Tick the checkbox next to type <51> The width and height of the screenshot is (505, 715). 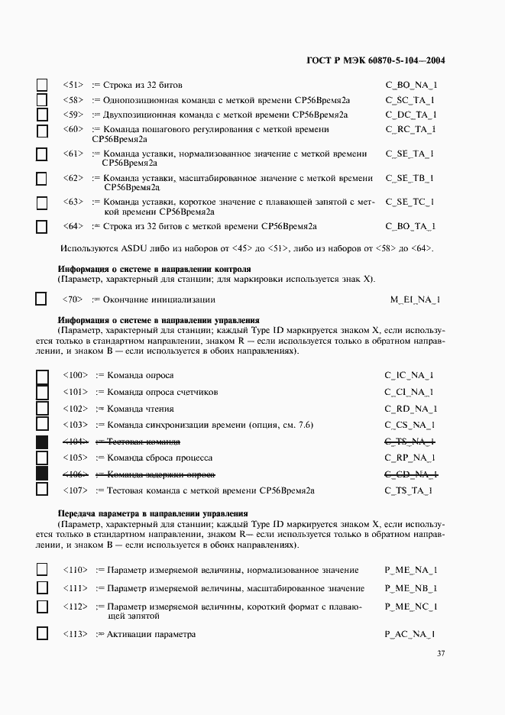[42, 85]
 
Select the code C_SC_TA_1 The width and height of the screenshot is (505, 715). [410, 100]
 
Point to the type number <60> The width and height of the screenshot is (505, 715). [73, 129]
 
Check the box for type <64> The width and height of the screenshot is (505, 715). [42, 226]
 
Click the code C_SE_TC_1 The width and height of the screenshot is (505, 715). [410, 202]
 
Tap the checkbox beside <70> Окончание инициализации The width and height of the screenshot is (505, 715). [42, 299]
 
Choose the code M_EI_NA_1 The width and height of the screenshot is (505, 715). [415, 300]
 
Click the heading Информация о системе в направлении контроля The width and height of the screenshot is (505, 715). [154, 269]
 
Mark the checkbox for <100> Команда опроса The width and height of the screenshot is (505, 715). [42, 376]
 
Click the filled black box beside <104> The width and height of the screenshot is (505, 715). [42, 442]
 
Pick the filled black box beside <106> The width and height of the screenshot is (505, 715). [42, 474]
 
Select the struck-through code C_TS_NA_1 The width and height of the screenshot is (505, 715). [410, 442]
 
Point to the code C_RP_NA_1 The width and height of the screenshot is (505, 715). [410, 458]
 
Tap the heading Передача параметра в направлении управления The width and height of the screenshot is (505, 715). [157, 513]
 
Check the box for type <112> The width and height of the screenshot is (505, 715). [42, 607]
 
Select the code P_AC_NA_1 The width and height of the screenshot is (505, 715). [410, 635]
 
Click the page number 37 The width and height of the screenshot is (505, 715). [441, 654]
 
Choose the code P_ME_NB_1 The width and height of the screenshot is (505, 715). [411, 589]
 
